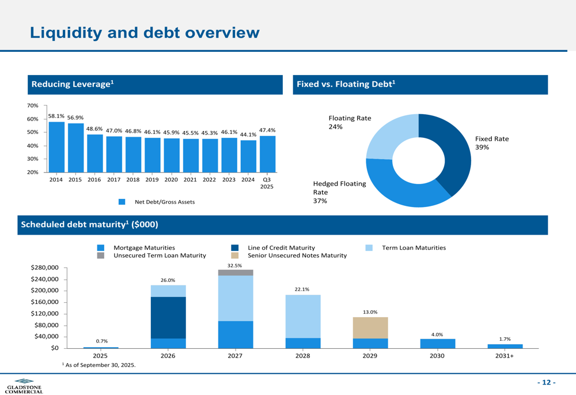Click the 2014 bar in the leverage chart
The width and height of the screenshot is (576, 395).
coord(56,146)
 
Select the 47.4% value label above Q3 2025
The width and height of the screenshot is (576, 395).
coord(267,130)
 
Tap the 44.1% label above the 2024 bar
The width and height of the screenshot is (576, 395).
coord(248,135)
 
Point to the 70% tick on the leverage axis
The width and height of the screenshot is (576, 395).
coord(32,106)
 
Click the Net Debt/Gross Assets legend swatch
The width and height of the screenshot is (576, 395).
coord(122,202)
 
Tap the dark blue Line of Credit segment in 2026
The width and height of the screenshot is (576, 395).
coord(168,317)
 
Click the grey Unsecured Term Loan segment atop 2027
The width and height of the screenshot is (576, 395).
coord(236,273)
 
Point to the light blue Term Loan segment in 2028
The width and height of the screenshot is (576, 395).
coord(303,316)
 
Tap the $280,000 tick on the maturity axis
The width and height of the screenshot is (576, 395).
coord(44,268)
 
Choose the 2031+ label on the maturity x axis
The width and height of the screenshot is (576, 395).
coord(505,356)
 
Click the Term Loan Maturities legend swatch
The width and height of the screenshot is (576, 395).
coord(370,248)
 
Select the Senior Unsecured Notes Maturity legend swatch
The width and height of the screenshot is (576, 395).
coord(235,255)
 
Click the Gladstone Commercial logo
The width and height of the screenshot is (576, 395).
coord(24,386)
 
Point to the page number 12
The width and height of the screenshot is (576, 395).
coord(547,383)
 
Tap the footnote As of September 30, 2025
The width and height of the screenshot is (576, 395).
coord(98,365)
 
